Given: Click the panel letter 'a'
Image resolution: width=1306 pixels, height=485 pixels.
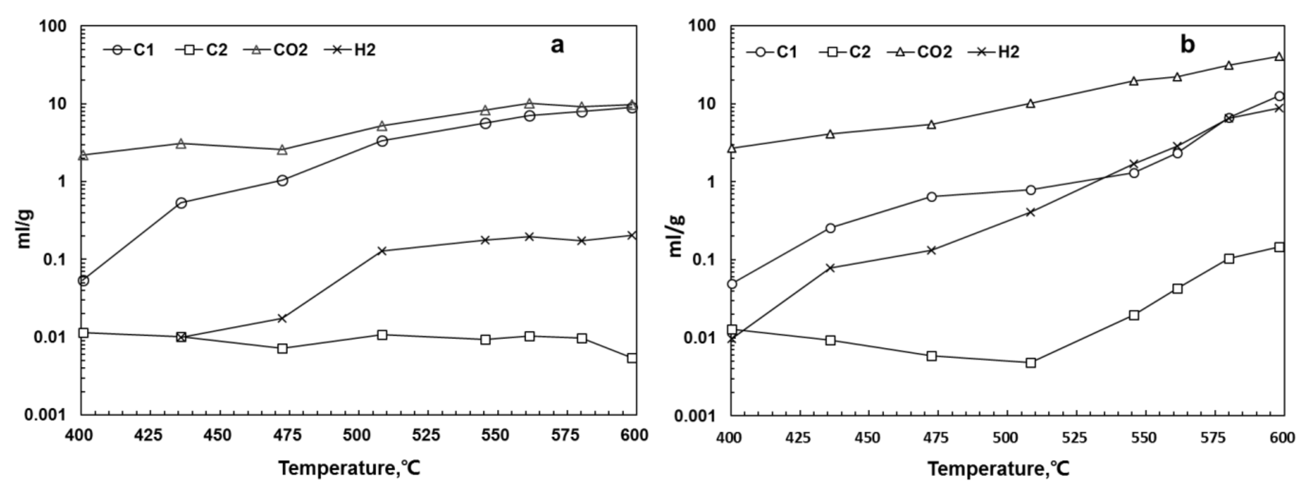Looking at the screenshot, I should click(557, 46).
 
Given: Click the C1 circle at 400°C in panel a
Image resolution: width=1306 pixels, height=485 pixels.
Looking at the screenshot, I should click(84, 280).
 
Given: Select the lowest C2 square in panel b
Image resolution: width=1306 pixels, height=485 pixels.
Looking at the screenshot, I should click(1031, 363).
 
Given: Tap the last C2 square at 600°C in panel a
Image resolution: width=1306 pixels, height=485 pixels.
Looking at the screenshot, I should click(632, 358).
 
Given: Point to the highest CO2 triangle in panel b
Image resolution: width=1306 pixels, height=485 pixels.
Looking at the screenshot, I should click(1279, 56).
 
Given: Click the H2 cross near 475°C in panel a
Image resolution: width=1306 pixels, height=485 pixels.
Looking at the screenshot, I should click(283, 318).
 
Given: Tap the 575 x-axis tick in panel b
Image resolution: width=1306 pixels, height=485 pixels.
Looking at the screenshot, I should click(1213, 437).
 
